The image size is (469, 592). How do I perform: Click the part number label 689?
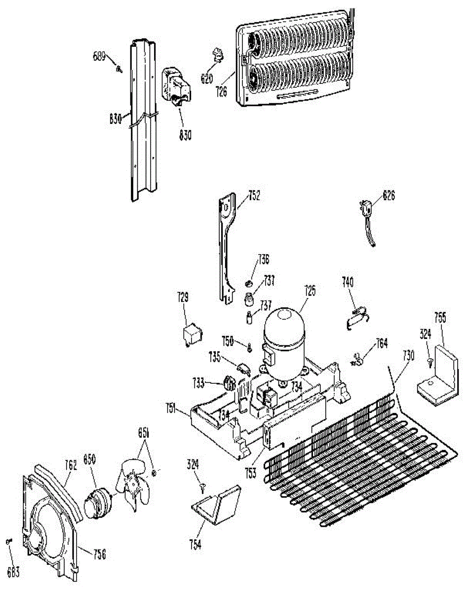99,56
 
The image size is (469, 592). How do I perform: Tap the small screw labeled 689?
118,70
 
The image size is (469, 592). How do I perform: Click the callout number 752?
254,196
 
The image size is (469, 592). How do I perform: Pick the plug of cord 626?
366,211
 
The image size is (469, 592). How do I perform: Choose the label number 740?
349,282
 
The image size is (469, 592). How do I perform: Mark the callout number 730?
408,354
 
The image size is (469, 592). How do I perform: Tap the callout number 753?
251,473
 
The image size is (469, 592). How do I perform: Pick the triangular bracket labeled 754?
217,504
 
